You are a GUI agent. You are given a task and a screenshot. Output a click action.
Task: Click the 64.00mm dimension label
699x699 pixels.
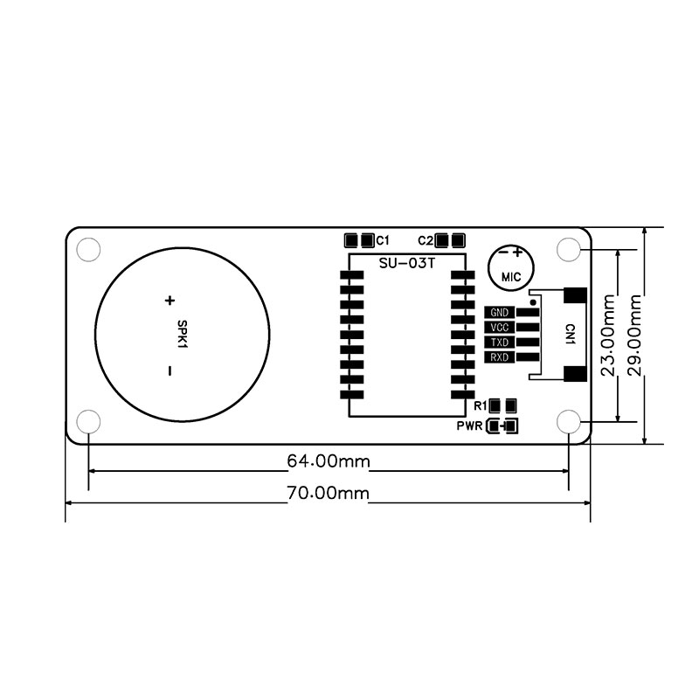click(x=329, y=461)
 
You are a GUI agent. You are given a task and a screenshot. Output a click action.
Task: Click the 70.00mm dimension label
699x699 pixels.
click(x=329, y=493)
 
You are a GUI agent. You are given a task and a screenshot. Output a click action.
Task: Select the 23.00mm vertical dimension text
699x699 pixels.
click(x=608, y=336)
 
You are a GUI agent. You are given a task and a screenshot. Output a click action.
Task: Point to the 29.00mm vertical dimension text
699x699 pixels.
click(x=634, y=336)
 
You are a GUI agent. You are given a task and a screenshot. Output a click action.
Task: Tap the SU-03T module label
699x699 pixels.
click(x=406, y=264)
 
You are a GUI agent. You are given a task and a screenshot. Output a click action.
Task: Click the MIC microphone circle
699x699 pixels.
click(x=511, y=268)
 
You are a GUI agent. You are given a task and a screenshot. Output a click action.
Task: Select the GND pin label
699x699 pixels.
click(x=499, y=313)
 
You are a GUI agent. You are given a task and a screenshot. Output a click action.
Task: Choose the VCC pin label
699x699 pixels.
click(x=499, y=328)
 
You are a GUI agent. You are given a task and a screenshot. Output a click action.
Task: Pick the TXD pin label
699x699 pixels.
click(x=499, y=343)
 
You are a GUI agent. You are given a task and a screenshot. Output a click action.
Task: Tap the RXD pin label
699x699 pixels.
click(x=499, y=357)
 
